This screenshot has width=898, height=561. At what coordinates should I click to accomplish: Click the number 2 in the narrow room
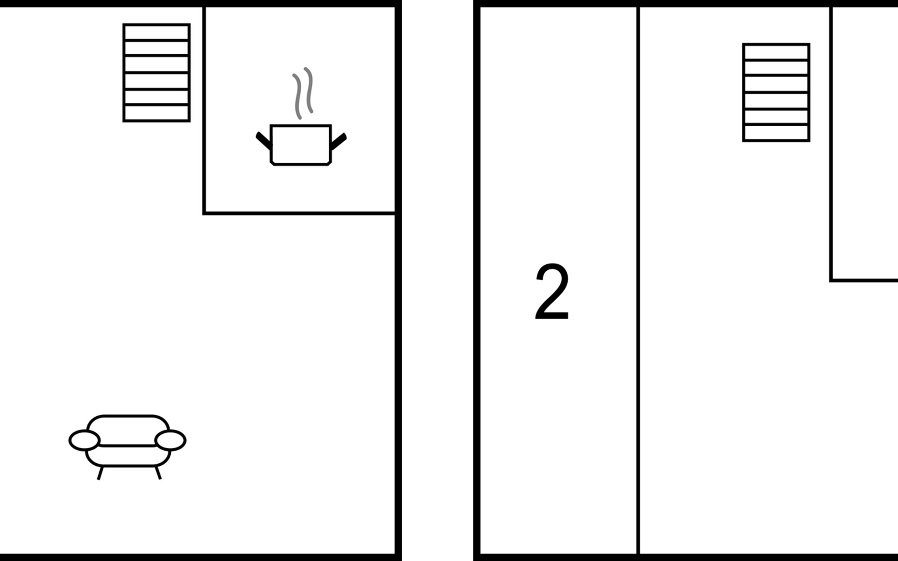click(x=552, y=291)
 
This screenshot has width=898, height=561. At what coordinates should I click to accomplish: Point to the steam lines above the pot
click(x=303, y=93)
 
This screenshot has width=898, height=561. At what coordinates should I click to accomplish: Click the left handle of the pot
click(x=263, y=140)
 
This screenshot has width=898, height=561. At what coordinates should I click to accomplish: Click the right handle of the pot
click(x=339, y=142)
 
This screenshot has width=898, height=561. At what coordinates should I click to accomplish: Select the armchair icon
click(x=127, y=442)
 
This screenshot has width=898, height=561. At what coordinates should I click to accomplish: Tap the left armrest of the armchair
click(x=85, y=440)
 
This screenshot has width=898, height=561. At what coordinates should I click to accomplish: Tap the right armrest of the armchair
click(x=170, y=440)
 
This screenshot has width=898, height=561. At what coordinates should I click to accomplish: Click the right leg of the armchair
click(x=158, y=473)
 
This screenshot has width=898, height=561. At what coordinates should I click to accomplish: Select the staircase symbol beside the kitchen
click(x=156, y=72)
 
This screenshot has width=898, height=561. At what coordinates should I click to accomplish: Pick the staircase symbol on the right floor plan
click(x=776, y=92)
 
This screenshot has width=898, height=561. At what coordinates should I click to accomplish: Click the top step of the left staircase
click(x=156, y=33)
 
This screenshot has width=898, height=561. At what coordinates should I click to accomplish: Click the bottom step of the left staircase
click(x=156, y=113)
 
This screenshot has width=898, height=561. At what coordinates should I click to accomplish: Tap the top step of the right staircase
click(x=776, y=52)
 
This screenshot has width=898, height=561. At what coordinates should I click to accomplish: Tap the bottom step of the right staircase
click(x=776, y=133)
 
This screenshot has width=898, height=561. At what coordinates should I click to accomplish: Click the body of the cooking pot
click(x=301, y=144)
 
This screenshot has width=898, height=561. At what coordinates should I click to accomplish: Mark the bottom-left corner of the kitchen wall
click(x=205, y=213)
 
